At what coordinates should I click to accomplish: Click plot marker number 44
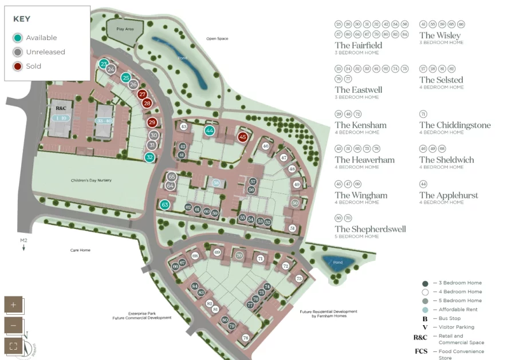210,130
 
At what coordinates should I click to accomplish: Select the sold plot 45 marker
242,137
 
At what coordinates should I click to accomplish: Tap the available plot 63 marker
164,204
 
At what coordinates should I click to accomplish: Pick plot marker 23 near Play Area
104,64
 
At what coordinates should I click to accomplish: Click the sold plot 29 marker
152,122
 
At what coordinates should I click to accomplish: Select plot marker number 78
245,338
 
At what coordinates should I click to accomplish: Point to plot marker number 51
292,228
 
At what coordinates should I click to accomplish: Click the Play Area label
124,28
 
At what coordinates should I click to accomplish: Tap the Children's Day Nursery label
91,180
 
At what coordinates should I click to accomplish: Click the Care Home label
80,250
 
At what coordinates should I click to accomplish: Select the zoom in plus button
14,304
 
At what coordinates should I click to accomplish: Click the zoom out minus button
14,325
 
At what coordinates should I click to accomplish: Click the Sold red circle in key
18,66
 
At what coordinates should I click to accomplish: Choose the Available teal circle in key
18,38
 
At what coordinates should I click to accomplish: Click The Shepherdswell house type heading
370,229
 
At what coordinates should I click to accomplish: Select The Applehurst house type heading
448,195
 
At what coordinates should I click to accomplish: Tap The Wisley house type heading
439,35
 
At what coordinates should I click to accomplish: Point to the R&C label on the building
61,108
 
